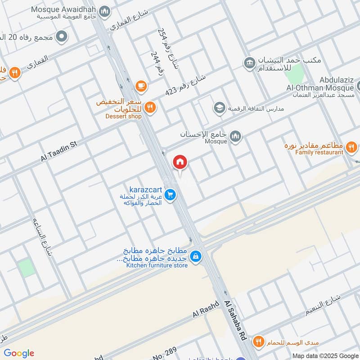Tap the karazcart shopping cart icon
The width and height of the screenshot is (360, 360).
point(170,195)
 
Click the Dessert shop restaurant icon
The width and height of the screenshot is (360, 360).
point(150,107)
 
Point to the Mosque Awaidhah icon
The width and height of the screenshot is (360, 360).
point(104,11)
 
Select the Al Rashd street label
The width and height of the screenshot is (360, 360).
point(206,309)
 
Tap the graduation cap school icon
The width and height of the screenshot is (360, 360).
point(219,108)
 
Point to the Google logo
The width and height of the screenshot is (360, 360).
point(19,353)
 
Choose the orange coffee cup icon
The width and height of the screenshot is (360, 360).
point(141,85)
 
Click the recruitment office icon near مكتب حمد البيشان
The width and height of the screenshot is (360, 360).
point(249,63)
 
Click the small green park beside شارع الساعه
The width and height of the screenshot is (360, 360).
point(27,268)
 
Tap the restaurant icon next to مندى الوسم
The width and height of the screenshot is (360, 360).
point(258,341)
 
